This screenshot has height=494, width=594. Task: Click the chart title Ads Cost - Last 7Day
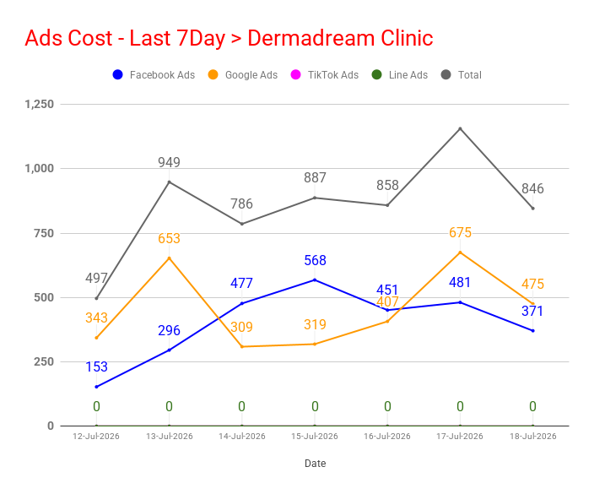pos(125,38)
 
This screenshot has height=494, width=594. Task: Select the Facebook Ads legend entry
pos(154,74)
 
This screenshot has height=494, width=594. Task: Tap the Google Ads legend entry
pos(243,74)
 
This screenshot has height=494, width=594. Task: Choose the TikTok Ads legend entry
pos(325,74)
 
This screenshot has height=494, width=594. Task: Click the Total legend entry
pos(462,74)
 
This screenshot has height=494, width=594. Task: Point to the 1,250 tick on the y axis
pos(40,104)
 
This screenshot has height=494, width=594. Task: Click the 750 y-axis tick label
pos(44,233)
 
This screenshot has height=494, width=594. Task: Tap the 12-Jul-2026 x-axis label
pos(96,437)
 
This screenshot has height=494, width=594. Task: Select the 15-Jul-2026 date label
pos(315,437)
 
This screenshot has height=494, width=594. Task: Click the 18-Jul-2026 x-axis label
pos(533,437)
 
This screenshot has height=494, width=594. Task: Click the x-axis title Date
pos(316,464)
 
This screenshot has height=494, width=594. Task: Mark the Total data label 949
pos(169,162)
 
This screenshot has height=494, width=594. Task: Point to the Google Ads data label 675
pos(461,232)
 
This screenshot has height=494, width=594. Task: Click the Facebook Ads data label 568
pos(315,260)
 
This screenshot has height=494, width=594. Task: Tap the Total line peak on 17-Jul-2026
pos(461,128)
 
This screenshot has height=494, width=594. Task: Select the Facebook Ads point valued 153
pos(96,387)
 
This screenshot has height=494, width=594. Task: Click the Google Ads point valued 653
pos(169,258)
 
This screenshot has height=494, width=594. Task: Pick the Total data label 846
pos(532,188)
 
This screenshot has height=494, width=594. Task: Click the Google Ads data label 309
pos(241,327)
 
